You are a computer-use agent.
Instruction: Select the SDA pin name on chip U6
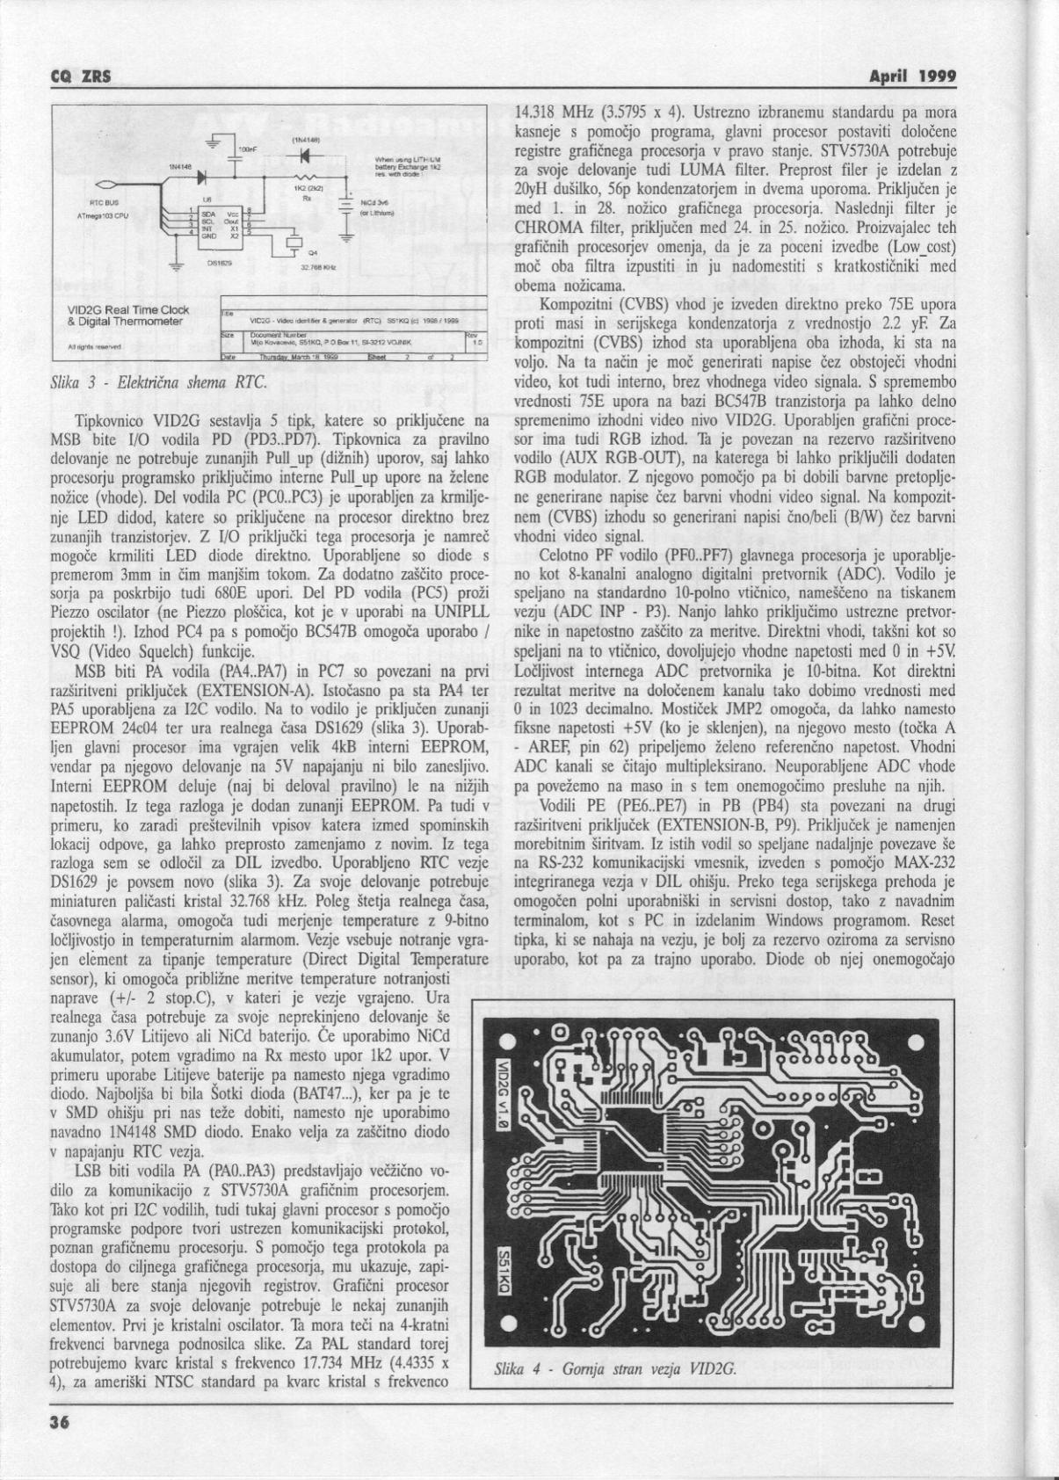coord(210,213)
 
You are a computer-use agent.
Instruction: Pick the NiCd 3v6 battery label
coord(375,202)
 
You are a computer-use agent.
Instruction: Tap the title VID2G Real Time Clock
coord(128,309)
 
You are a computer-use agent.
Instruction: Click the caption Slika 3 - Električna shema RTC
coord(158,382)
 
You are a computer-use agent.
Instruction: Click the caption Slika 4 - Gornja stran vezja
coord(614,1394)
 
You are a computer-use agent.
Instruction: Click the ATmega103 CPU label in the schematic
coord(104,214)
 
